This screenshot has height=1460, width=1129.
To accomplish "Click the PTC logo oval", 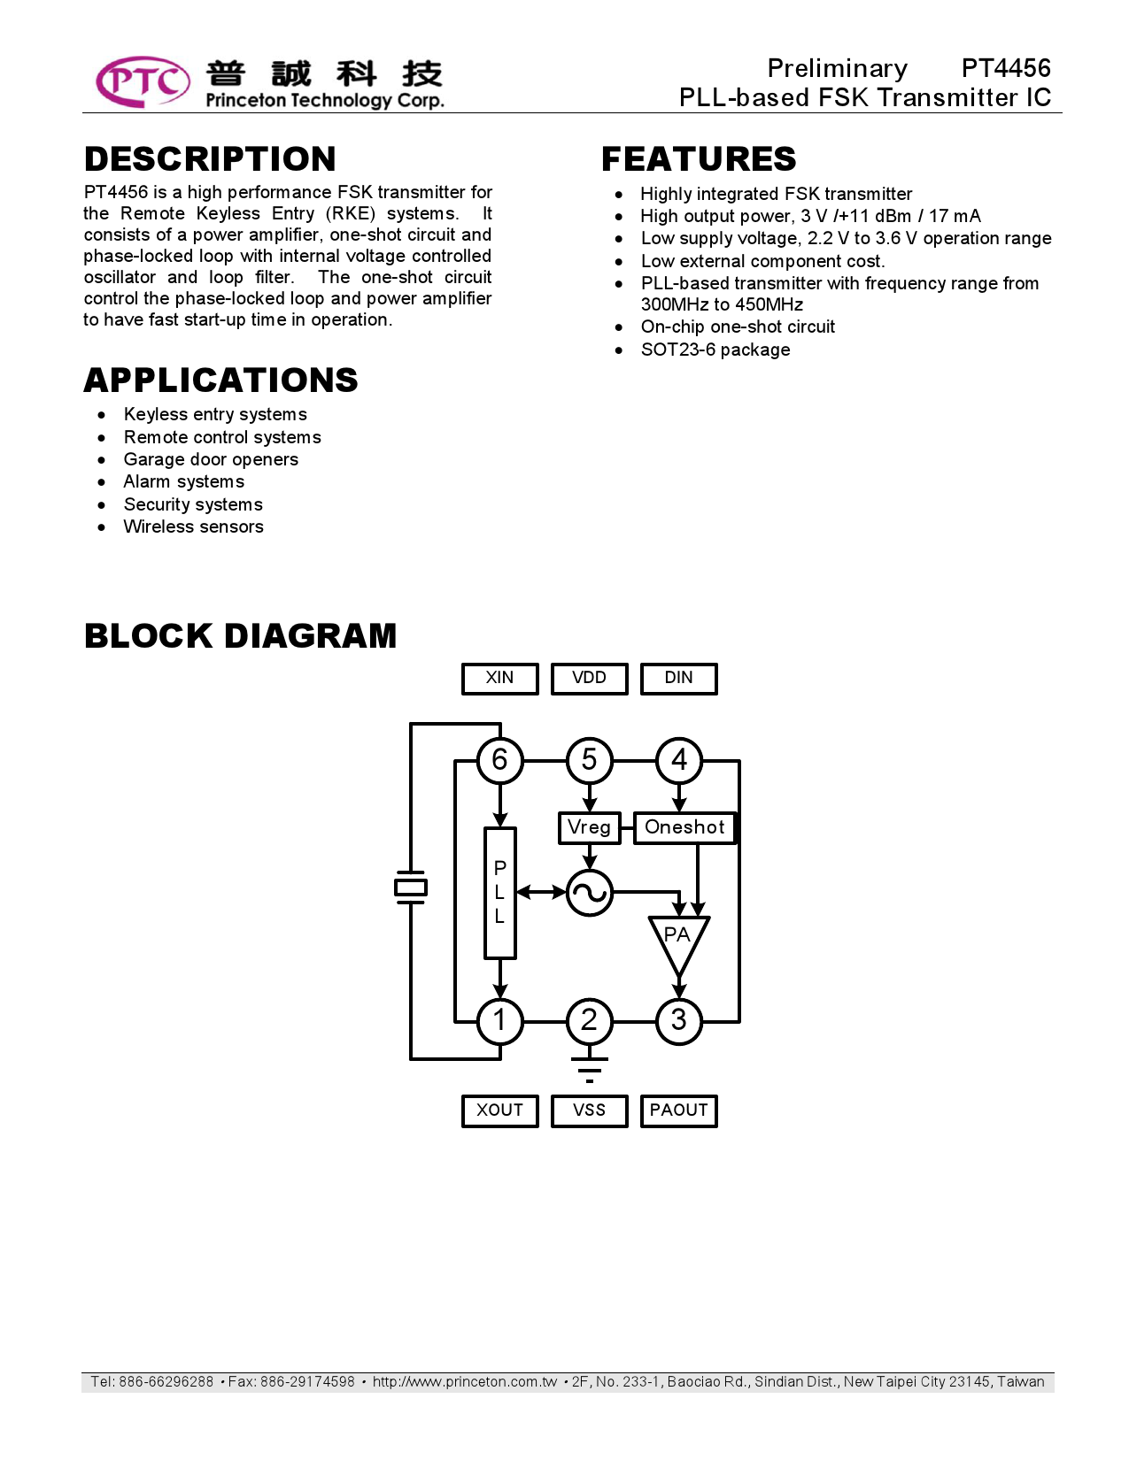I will (x=143, y=81).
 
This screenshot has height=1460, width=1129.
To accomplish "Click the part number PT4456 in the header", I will (x=1005, y=68).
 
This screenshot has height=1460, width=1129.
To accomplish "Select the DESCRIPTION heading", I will (x=210, y=159).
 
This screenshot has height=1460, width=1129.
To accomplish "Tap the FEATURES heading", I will (x=699, y=159).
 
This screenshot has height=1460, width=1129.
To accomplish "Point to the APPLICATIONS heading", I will (x=220, y=380).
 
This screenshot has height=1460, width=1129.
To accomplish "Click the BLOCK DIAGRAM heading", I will (x=240, y=636).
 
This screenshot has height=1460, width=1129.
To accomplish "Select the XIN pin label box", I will (x=499, y=679).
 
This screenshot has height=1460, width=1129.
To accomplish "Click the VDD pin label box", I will (x=589, y=679).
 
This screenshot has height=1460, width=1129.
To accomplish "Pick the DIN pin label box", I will (x=678, y=679).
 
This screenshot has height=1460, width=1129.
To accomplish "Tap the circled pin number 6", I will (x=499, y=760).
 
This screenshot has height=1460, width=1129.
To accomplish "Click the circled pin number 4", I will (x=679, y=760).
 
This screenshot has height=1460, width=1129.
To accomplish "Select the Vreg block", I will (x=589, y=827).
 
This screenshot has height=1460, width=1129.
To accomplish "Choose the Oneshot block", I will (x=684, y=827).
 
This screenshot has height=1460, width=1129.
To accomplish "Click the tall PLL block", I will (x=499, y=893).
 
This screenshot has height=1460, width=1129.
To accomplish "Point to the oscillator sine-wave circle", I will (x=589, y=893).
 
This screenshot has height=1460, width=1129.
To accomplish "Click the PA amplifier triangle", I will (x=678, y=941).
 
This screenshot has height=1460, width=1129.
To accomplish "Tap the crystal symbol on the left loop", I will (x=411, y=888).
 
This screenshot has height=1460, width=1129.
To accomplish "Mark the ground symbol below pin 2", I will (x=589, y=1069).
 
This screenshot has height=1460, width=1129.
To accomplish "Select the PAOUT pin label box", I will (x=678, y=1110).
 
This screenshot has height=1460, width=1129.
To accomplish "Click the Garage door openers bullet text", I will (x=211, y=459).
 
